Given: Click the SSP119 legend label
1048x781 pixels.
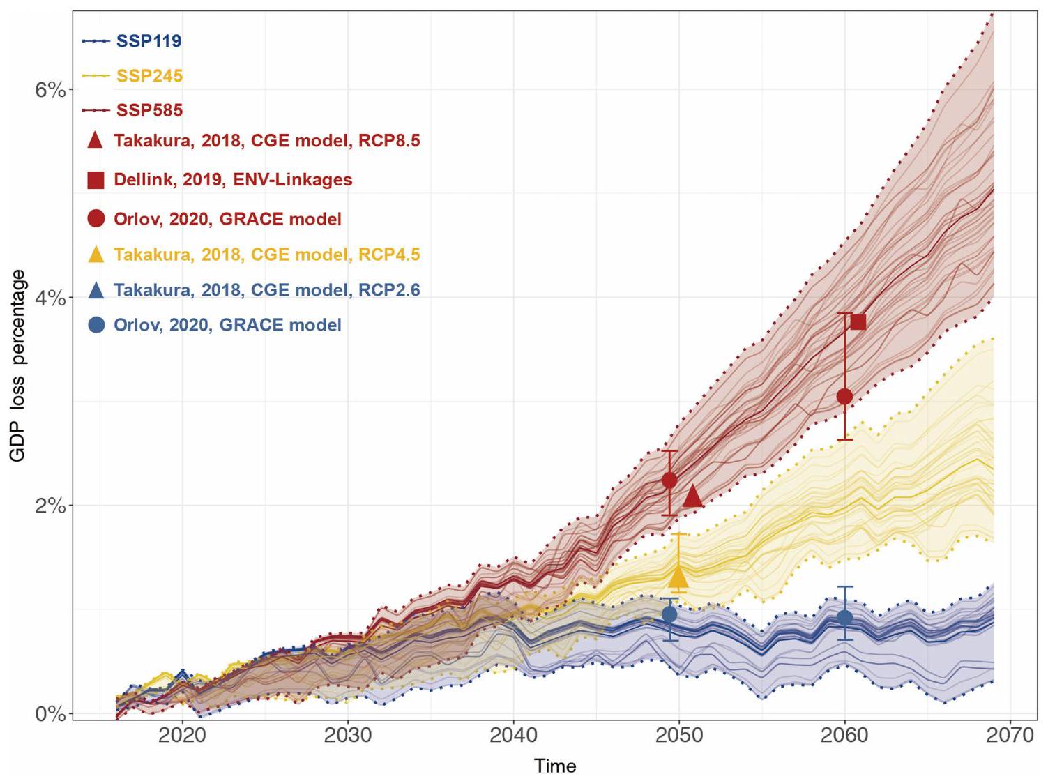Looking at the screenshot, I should coord(149,41).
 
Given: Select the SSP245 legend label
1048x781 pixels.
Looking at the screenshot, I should coord(149,76).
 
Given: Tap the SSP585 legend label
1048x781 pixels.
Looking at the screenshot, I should coord(149,110).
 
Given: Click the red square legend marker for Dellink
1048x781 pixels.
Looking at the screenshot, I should coord(96,180).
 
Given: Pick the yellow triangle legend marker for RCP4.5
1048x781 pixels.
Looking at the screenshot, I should coord(96,255).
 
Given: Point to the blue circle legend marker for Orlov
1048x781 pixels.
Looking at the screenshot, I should coord(96,325).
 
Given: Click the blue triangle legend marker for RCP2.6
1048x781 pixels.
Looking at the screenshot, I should coord(96,290).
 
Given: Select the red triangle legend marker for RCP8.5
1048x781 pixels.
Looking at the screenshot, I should coord(96,141).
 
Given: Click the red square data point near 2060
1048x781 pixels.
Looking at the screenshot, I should coord(858,321).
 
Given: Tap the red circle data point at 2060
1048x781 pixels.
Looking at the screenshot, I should coord(844,397).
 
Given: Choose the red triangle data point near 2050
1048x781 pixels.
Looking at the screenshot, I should coord(692,496).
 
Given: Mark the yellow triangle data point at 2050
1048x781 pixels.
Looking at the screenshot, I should coord(678,577).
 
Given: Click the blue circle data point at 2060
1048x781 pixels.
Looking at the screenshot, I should coord(844,617).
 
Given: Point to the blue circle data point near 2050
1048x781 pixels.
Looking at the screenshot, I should coord(669,614).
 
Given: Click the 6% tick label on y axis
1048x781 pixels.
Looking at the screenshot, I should coord(50,90).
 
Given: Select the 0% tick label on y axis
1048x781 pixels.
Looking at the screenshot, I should coord(50,714).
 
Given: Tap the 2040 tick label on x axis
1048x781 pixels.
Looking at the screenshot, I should coord(513,736).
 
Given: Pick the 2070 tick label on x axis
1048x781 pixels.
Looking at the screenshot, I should coord(1010,736).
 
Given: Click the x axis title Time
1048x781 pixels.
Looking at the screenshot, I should coord(555,766).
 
